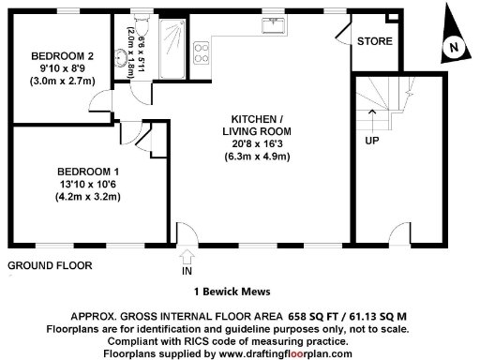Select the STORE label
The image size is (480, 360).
point(374,41)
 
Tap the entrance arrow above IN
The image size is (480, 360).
point(186,254)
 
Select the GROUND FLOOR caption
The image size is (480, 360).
point(50,265)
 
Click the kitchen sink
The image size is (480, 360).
point(276,25)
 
